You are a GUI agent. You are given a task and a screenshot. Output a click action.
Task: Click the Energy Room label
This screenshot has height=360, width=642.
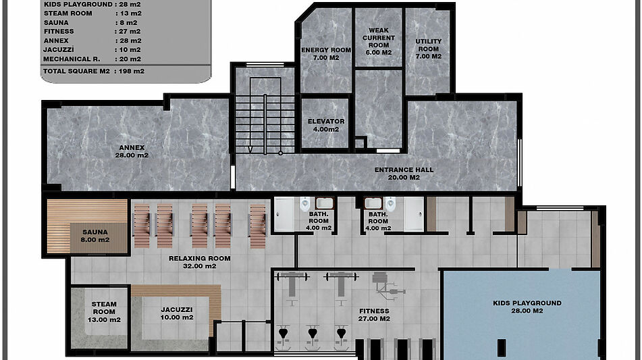pos(326,53)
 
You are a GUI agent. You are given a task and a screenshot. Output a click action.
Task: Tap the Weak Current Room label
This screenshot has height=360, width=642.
pos(378,41)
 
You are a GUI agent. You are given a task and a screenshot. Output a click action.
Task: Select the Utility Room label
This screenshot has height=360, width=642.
pos(428,49)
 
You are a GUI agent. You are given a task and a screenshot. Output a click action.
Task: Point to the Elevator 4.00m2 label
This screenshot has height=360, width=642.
pos(326,126)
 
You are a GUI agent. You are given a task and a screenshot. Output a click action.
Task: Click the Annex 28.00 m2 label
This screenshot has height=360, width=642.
pos(132,151)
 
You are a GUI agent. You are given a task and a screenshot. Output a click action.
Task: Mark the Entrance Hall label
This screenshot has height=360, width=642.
pos(404,174)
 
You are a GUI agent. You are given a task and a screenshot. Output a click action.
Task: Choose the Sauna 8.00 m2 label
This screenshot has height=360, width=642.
pos(95,236)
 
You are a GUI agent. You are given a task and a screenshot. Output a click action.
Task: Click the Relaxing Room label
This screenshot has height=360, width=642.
pos(199,262)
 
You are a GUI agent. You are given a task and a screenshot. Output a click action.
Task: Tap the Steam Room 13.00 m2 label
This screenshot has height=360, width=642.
pos(104,311)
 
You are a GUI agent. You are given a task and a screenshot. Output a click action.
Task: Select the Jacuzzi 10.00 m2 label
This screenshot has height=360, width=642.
pos(176,313)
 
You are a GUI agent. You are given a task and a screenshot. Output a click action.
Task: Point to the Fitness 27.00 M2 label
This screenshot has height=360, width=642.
pos(374,315)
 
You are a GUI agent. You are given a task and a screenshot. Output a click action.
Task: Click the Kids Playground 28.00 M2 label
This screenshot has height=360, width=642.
pos(527,307)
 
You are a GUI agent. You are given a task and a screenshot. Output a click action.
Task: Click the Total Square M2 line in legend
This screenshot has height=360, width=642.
pos(94,71)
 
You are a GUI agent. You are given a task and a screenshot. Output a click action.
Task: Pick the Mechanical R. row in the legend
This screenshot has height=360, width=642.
pos(92,59)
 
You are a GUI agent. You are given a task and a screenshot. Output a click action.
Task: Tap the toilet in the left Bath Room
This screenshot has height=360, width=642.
pos(304,204)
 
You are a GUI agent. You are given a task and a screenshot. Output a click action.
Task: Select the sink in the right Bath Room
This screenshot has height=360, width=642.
pos(373,203)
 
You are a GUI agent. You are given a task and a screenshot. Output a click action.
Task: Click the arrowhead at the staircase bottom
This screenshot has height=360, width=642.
pos(250,149)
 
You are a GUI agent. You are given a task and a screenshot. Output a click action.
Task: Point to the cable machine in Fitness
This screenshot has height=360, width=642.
pos(387,286)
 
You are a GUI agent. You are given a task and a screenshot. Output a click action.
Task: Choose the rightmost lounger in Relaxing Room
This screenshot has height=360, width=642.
pos(257,226)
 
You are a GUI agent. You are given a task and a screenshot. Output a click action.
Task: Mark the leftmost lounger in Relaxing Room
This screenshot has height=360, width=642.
pos(142,226)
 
